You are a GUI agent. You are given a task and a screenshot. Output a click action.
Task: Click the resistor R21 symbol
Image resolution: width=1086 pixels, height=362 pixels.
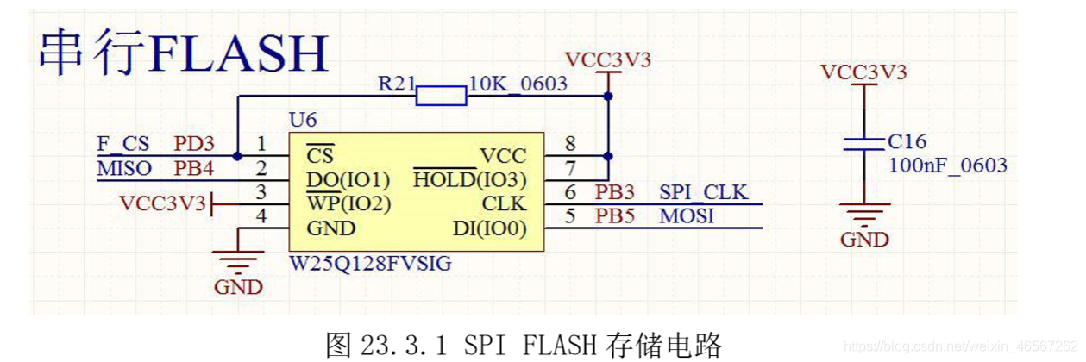pyautogui.click(x=441, y=94)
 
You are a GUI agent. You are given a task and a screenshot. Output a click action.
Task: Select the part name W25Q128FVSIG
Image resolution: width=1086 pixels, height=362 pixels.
pyautogui.click(x=369, y=262)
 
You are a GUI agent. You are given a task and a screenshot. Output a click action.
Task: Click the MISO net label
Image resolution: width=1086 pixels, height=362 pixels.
pyautogui.click(x=123, y=167)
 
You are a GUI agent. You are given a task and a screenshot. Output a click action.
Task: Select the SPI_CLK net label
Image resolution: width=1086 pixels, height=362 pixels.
pyautogui.click(x=703, y=192)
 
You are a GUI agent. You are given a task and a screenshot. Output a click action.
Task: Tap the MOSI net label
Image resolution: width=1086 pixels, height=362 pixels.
pyautogui.click(x=687, y=215)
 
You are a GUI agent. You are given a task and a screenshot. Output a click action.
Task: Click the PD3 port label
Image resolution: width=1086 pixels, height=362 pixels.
pyautogui.click(x=194, y=143)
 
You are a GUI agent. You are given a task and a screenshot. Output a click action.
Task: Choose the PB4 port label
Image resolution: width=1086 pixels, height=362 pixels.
pyautogui.click(x=194, y=167)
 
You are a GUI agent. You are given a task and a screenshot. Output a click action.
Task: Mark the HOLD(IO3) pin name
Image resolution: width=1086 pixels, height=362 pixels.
pyautogui.click(x=469, y=180)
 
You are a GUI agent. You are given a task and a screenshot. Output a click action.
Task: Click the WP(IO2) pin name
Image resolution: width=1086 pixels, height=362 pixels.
pyautogui.click(x=348, y=204)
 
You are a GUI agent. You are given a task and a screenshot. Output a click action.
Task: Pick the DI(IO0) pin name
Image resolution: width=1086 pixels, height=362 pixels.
pyautogui.click(x=488, y=228)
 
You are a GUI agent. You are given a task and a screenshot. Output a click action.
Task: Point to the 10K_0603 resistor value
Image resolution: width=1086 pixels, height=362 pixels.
pyautogui.click(x=518, y=83)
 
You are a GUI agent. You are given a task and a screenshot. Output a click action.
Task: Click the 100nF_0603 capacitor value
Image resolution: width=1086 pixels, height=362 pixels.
pyautogui.click(x=947, y=165)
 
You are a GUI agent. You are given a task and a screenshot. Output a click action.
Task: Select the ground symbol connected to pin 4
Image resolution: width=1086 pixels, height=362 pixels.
pyautogui.click(x=238, y=262)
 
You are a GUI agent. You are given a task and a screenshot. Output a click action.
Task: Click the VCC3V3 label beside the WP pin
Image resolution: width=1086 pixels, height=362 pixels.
pyautogui.click(x=162, y=203)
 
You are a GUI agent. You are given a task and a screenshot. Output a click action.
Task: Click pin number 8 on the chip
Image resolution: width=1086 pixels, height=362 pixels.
pyautogui.click(x=570, y=143)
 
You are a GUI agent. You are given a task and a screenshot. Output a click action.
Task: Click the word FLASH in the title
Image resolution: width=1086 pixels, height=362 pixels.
pyautogui.click(x=238, y=53)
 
